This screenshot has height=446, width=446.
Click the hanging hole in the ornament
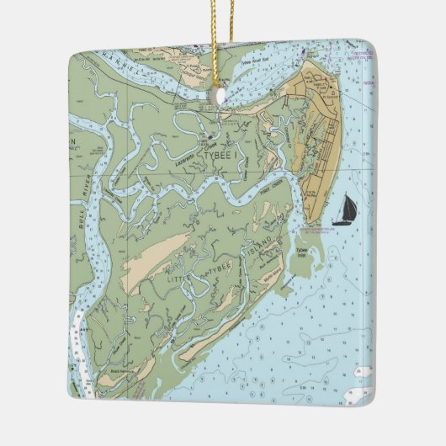tap(221, 98)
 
